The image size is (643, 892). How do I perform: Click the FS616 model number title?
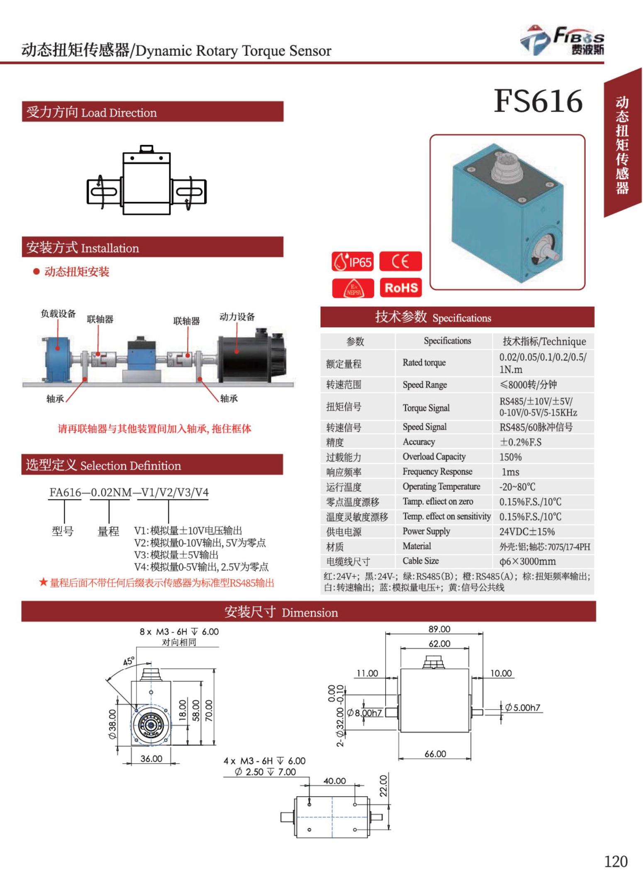coord(538,101)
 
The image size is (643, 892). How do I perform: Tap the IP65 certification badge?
coord(352,262)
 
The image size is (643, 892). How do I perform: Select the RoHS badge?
coord(400,288)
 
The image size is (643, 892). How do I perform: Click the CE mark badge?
coord(400,261)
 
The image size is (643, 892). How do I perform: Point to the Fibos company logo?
coord(562,40)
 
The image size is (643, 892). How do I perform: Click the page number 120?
coord(615,861)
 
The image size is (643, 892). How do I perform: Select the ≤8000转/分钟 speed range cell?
coord(528,385)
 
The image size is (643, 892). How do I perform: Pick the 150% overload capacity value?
coord(510,457)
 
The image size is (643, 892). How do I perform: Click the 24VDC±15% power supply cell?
coord(527,531)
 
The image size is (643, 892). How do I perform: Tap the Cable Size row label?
coord(421,561)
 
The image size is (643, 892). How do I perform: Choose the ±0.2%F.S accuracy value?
coord(521,442)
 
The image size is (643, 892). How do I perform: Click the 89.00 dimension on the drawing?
coord(439,629)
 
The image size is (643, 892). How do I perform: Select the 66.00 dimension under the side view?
coord(435,754)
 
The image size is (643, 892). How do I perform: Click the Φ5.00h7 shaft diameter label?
coord(522,708)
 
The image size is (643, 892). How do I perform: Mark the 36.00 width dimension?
coord(151,758)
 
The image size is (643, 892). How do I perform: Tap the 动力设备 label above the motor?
coord(237,317)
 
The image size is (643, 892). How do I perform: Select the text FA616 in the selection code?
coord(65,492)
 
